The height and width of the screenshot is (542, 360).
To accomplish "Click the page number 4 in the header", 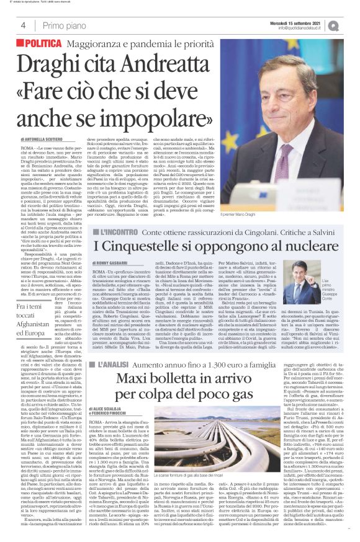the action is click(22, 25).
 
